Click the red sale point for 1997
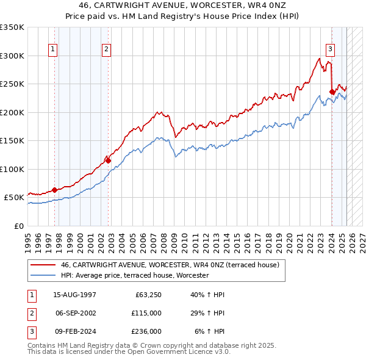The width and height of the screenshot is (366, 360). pyautogui.click(x=54, y=190)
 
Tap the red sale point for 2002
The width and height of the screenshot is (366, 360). pyautogui.click(x=107, y=160)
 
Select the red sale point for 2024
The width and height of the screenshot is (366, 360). pyautogui.click(x=332, y=92)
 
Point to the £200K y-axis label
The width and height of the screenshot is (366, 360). pyautogui.click(x=12, y=112)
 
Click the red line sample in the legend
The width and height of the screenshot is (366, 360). pyautogui.click(x=43, y=265)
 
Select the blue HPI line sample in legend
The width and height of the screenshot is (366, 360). pyautogui.click(x=43, y=276)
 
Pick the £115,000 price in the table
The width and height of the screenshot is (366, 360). pyautogui.click(x=147, y=313)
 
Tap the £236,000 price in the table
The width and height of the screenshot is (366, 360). pyautogui.click(x=147, y=331)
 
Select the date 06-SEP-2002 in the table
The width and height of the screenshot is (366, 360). pyautogui.click(x=75, y=313)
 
